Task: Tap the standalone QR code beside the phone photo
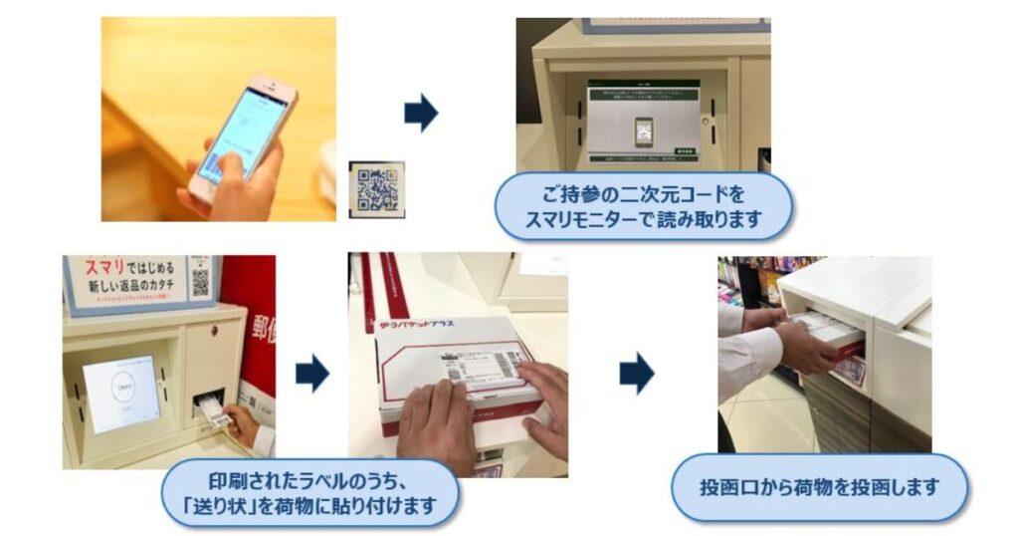(x=377, y=187)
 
